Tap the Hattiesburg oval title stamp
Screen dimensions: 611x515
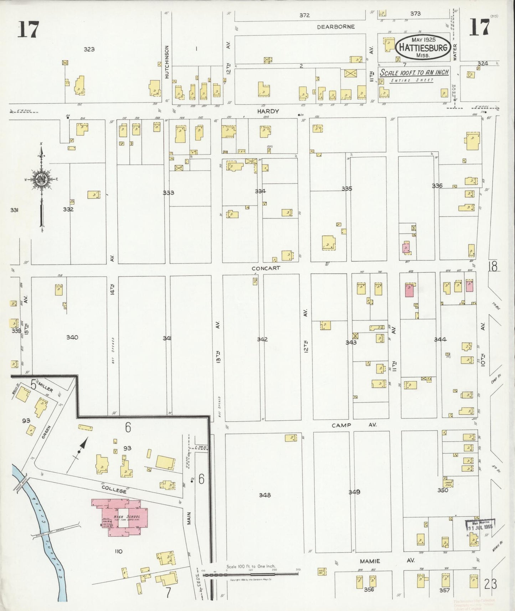[423, 47]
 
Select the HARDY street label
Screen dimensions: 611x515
[268, 111]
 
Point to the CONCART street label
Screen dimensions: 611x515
[266, 268]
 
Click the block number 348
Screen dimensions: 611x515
[265, 495]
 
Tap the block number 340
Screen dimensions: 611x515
[72, 337]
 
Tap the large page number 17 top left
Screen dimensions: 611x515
[28, 29]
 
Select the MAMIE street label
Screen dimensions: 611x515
[370, 561]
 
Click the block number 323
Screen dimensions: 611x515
[89, 49]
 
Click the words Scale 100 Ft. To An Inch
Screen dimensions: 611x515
[414, 73]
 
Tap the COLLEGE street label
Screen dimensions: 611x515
[114, 491]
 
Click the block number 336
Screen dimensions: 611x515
[437, 186]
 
